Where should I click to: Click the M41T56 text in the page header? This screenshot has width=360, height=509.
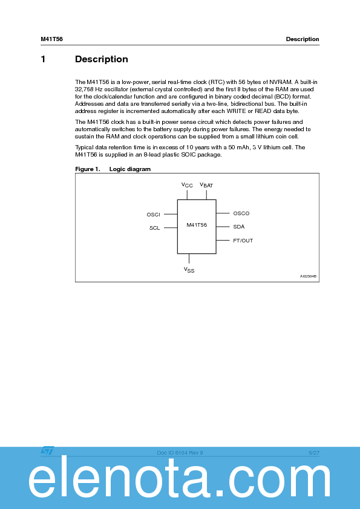(51, 39)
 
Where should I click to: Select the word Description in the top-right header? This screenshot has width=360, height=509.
(303, 39)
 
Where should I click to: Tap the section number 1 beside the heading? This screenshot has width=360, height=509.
(43, 59)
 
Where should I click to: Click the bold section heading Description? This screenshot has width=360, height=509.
(101, 59)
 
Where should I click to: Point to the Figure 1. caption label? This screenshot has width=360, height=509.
(87, 169)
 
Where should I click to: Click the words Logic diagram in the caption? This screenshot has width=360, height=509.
(129, 169)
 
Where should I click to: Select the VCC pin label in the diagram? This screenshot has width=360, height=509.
(187, 184)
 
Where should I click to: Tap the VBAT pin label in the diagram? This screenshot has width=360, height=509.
(206, 184)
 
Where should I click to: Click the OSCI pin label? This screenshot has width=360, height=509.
(153, 215)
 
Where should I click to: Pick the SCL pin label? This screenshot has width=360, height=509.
(154, 228)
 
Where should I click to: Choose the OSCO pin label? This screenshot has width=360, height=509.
(241, 213)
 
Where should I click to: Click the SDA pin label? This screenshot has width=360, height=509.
(238, 227)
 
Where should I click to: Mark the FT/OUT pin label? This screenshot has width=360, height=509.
(243, 241)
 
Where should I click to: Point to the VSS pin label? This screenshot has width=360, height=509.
(189, 270)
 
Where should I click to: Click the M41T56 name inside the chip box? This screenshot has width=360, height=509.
(196, 225)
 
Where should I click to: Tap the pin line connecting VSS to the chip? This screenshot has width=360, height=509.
(189, 259)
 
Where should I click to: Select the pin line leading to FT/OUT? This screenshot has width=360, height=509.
(223, 241)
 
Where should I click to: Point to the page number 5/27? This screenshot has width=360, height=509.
(313, 452)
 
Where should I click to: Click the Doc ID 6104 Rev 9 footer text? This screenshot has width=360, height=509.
(180, 452)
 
